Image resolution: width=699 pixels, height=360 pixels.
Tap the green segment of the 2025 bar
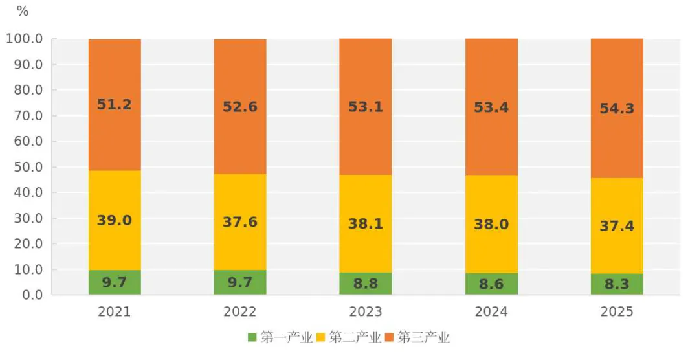pos(617,285)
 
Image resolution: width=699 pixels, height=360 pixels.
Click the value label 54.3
pos(617,109)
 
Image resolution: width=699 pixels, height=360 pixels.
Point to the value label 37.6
pos(240,222)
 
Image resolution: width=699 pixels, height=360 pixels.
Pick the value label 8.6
pos(491,283)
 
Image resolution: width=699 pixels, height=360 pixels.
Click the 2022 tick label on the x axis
pos(240,312)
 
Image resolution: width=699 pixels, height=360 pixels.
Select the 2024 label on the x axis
pos(491,312)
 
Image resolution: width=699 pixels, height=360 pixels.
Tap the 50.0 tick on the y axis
pos(28,167)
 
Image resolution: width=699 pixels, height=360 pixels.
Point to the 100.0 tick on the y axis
pos(25,39)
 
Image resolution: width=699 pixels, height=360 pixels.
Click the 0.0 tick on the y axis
pos(32,295)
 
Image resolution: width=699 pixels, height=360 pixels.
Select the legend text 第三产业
pos(423,337)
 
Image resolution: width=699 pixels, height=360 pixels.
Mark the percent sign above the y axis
pos(23,11)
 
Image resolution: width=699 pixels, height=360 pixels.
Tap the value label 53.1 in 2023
pos(366,107)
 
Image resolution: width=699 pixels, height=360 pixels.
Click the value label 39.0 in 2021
pos(115,220)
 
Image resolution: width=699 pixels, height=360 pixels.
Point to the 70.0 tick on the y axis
pos(28,116)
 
